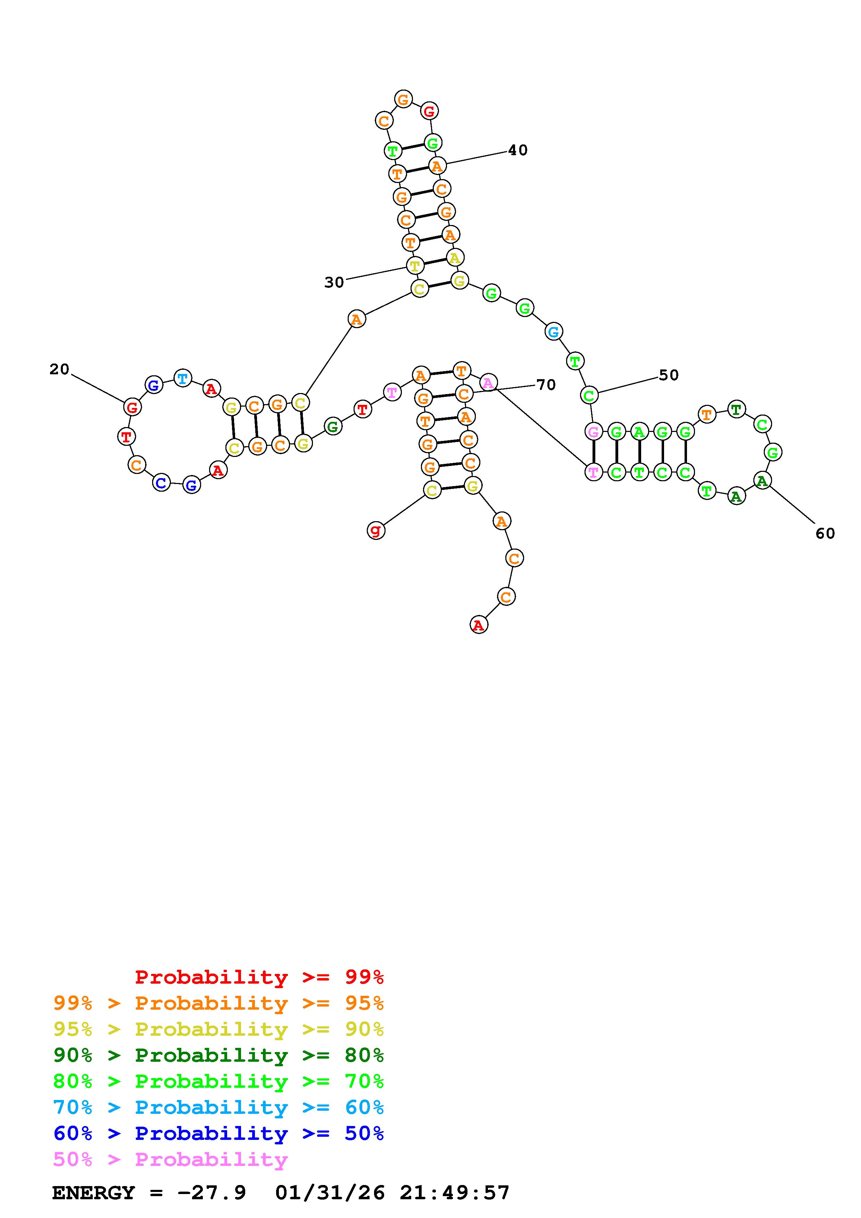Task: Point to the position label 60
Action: (825, 533)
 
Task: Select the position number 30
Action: (334, 283)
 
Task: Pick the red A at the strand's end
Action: (479, 625)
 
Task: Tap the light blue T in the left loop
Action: (182, 378)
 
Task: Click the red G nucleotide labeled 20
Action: (132, 407)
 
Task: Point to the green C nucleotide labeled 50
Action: (589, 395)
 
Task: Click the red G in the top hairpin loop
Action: (429, 111)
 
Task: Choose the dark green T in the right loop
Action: (736, 409)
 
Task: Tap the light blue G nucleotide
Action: (553, 332)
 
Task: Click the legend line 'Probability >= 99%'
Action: (259, 977)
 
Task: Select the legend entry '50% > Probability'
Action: (170, 1160)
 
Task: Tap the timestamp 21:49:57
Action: (455, 1193)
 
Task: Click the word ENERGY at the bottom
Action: (93, 1193)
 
